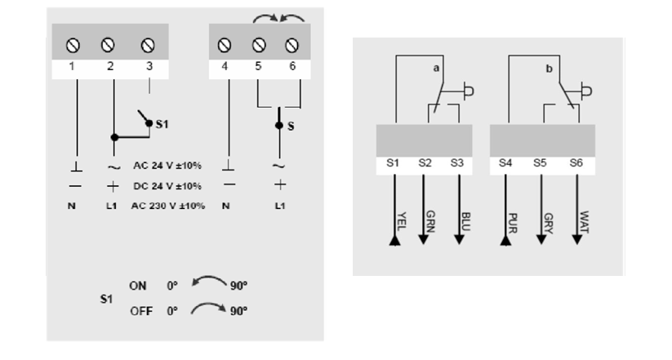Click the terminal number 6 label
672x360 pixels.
click(292, 66)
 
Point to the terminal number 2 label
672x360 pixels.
click(110, 66)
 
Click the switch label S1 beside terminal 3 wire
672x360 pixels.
click(162, 124)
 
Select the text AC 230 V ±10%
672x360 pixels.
click(168, 205)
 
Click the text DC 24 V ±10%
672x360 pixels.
click(168, 185)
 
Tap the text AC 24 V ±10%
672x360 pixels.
click(168, 167)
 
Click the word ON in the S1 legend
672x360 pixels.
click(137, 286)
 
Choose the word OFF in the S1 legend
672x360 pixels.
click(140, 311)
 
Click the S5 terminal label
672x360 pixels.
click(540, 163)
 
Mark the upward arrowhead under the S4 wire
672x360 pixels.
click(505, 242)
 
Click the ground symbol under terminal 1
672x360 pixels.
click(72, 167)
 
